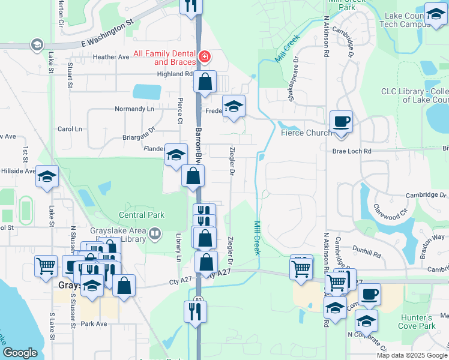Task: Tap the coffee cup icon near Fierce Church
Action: (x=342, y=121)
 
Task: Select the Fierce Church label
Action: (x=306, y=133)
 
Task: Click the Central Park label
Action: (x=141, y=215)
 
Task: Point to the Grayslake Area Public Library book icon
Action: (x=155, y=232)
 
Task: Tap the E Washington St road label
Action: (x=107, y=35)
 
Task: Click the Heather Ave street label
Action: (x=111, y=57)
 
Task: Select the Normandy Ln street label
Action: (x=134, y=109)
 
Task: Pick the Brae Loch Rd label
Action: (x=352, y=152)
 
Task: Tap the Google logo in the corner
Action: (x=20, y=353)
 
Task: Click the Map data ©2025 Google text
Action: (x=411, y=355)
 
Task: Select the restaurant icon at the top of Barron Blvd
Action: (x=191, y=6)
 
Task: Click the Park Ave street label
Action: (x=94, y=324)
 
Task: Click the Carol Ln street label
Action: (x=70, y=129)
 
